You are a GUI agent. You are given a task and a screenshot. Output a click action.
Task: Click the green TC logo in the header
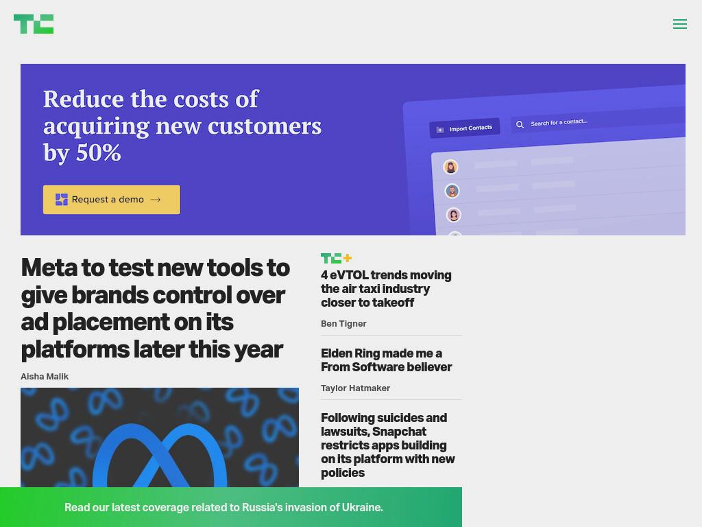pyautogui.click(x=34, y=24)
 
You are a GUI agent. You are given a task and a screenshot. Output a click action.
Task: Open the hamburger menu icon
pyautogui.click(x=679, y=24)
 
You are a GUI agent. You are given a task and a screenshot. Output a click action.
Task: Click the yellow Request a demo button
pyautogui.click(x=112, y=200)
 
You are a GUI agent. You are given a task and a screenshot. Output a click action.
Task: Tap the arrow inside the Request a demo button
pyautogui.click(x=156, y=200)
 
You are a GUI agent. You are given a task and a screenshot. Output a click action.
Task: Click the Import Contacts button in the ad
pyautogui.click(x=465, y=128)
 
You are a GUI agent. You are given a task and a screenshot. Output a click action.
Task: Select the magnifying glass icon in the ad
pyautogui.click(x=520, y=125)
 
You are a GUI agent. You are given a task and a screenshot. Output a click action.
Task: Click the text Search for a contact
pyautogui.click(x=559, y=122)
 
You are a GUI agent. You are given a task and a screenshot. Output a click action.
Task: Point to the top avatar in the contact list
pyautogui.click(x=450, y=167)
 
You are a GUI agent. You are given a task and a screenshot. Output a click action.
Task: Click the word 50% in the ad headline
pyautogui.click(x=99, y=153)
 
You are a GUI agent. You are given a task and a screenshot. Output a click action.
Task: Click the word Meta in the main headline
pyautogui.click(x=49, y=268)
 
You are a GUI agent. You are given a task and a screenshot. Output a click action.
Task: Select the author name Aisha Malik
pyautogui.click(x=45, y=377)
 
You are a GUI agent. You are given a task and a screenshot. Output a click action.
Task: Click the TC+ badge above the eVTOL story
pyautogui.click(x=336, y=258)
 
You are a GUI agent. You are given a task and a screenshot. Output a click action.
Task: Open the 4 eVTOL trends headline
pyautogui.click(x=386, y=289)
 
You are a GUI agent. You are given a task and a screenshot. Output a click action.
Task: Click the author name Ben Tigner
pyautogui.click(x=343, y=324)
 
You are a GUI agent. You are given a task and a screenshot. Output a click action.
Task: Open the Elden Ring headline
pyautogui.click(x=386, y=360)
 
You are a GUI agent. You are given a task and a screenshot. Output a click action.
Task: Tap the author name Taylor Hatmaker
pyautogui.click(x=355, y=388)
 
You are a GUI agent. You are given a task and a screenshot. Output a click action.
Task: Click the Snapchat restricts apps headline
pyautogui.click(x=388, y=445)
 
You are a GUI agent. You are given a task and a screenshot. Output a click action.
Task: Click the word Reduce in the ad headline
pyautogui.click(x=83, y=99)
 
